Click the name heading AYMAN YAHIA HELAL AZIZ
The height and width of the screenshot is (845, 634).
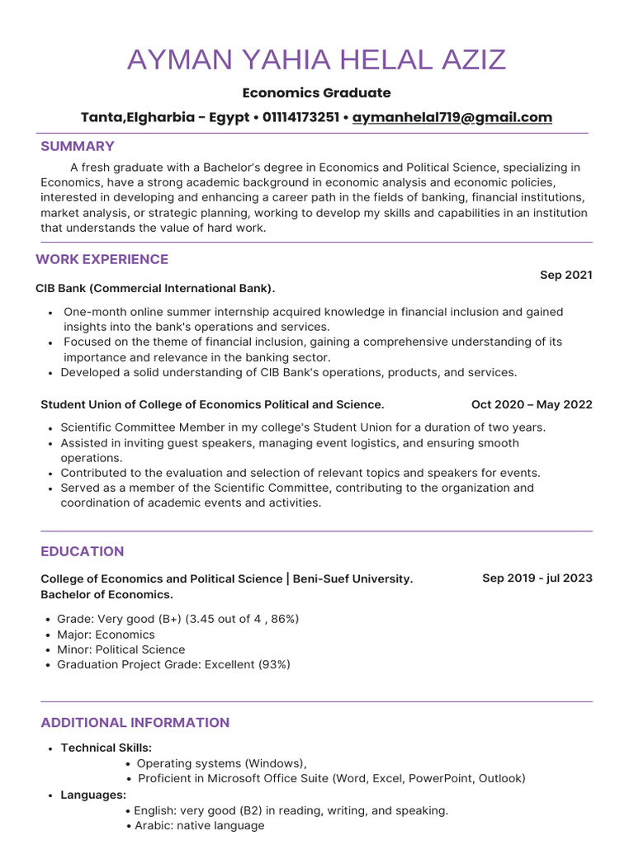click(317, 60)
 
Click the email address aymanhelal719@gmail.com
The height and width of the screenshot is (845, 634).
click(452, 117)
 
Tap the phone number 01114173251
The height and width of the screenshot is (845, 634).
click(300, 117)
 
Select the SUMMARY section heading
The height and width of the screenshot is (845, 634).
click(78, 146)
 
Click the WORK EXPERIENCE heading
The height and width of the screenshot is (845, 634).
click(102, 259)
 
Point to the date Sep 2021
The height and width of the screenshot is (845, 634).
click(565, 275)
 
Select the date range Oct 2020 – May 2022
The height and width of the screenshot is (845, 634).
click(531, 404)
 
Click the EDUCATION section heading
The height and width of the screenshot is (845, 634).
click(83, 551)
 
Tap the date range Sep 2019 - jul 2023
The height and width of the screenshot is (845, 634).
click(537, 578)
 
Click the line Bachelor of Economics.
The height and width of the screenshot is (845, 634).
click(106, 594)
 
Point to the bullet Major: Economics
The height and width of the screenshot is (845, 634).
click(106, 635)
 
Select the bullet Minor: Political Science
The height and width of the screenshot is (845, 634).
click(121, 649)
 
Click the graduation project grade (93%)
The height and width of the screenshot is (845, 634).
click(274, 664)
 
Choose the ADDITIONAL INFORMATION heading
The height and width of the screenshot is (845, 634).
click(135, 723)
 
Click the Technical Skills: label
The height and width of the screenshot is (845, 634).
click(106, 748)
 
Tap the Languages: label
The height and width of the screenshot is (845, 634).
click(93, 795)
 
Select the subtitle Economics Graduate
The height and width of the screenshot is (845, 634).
click(317, 92)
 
